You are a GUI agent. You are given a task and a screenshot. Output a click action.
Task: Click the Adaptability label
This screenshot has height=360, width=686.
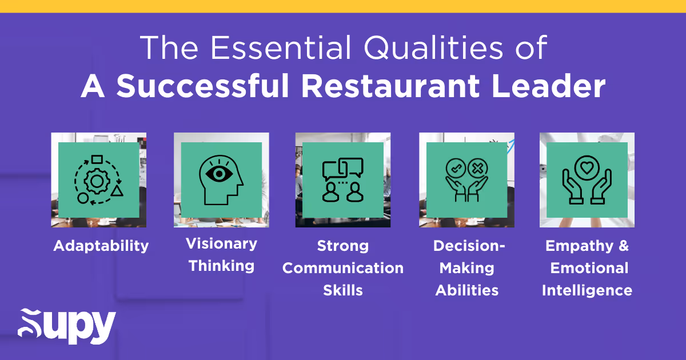click(101, 246)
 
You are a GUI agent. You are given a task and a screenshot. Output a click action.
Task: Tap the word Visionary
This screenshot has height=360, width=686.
click(221, 244)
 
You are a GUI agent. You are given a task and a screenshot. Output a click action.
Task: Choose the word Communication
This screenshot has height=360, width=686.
click(343, 268)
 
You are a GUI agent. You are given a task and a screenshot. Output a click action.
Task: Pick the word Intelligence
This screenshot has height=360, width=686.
click(587, 290)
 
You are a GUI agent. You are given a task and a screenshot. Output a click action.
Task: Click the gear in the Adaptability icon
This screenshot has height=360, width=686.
click(96, 181)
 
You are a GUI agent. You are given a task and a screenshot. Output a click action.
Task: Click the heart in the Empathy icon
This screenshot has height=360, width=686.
click(587, 168)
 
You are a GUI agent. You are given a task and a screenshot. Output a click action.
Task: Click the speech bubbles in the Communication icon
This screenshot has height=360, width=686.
click(343, 167)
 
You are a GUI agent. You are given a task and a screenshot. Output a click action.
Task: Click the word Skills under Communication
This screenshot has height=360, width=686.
click(343, 290)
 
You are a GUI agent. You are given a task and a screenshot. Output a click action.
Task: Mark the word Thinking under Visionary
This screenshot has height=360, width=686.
click(221, 266)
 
